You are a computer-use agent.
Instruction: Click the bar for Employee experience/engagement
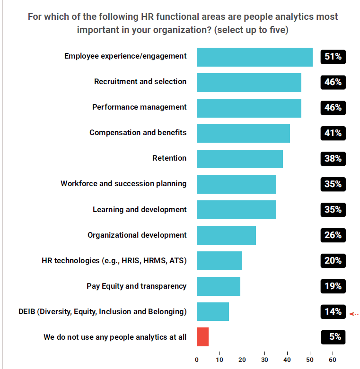255,57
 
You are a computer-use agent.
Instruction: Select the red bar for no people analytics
202,337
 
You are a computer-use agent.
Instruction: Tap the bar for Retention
239,159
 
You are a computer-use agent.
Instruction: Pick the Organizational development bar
226,235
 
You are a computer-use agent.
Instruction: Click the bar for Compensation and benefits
243,133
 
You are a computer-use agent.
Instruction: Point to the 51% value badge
333,57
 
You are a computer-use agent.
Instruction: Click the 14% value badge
333,312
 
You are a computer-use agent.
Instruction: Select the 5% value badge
333,337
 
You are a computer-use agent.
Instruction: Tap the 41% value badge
333,133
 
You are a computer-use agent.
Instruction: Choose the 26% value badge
333,235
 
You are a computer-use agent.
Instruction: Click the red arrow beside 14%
354,314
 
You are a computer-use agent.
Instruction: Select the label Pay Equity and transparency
136,286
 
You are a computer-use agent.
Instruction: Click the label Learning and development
140,209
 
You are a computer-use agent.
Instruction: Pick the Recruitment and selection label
140,82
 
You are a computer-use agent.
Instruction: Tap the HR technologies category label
114,260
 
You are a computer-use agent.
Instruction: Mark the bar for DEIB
212,312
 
